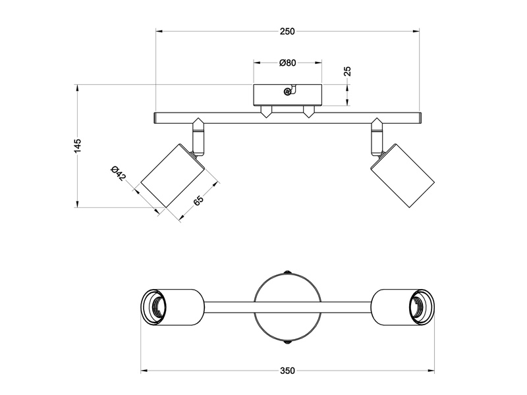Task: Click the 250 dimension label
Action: click(x=287, y=32)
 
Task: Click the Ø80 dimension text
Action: click(x=287, y=63)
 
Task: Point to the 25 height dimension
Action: click(x=348, y=71)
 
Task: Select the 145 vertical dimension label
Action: click(x=78, y=145)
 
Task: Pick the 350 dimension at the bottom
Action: click(x=287, y=371)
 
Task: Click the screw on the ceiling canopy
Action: click(x=287, y=92)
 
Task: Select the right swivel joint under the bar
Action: click(x=377, y=135)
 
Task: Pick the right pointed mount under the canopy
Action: click(x=308, y=111)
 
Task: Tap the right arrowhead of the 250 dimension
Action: click(x=416, y=32)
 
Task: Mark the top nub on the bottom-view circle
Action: click(x=287, y=271)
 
